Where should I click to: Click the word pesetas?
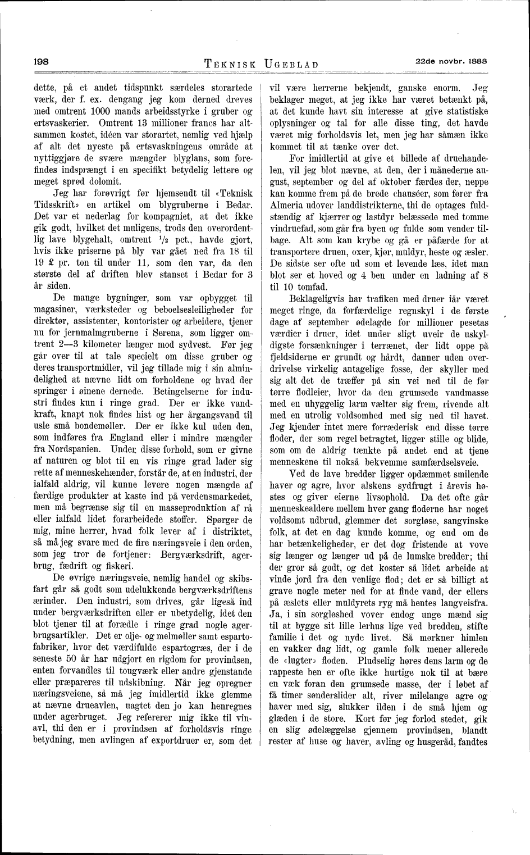pos(471,322)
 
